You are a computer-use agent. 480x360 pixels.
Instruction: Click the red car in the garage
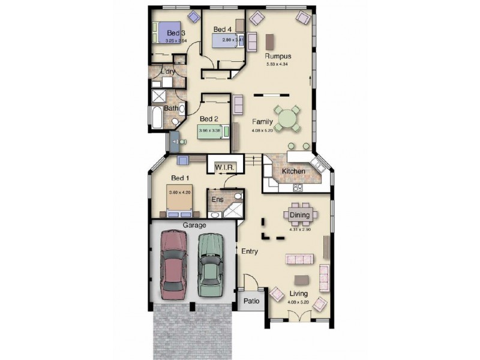click(174, 264)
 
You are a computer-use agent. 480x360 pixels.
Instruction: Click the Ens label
click(217, 199)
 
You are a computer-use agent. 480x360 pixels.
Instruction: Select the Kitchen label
click(294, 172)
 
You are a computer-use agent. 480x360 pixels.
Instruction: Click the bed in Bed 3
click(169, 32)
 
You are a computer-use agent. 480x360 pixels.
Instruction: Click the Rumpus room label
click(278, 56)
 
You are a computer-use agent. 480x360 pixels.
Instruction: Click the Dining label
click(299, 215)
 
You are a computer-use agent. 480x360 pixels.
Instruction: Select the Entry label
click(250, 251)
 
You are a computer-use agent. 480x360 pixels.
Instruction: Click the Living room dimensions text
click(298, 302)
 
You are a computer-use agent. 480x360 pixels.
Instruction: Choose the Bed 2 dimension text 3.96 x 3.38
click(211, 130)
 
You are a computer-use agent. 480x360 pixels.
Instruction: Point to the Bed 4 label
click(223, 29)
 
